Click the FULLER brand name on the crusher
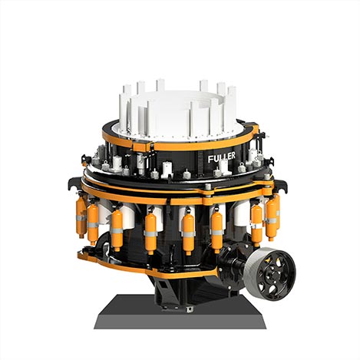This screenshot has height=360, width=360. coord(222,157)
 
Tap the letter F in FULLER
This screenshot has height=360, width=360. coord(210,160)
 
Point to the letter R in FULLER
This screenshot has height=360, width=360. coord(233,155)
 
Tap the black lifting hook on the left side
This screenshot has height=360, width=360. coord(73,183)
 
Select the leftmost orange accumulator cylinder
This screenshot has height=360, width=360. coord(81,216)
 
